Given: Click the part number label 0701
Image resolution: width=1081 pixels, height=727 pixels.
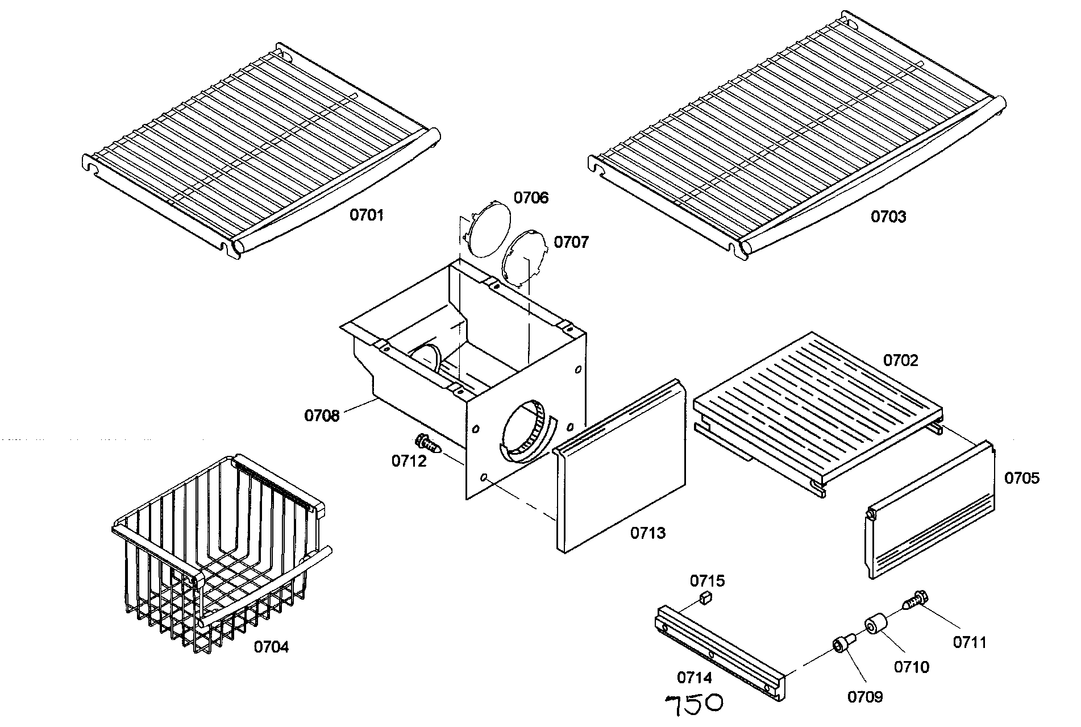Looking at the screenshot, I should pyautogui.click(x=367, y=215).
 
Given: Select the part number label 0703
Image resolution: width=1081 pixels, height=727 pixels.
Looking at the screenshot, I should pyautogui.click(x=889, y=217).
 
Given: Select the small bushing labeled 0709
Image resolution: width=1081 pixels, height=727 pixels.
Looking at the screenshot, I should pyautogui.click(x=841, y=645).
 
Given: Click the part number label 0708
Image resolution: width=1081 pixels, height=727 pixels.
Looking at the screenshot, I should pyautogui.click(x=322, y=416).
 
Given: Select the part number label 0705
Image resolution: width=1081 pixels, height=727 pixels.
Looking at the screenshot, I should pyautogui.click(x=1021, y=478).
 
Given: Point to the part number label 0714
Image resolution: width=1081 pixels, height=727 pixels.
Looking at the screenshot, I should pyautogui.click(x=694, y=678).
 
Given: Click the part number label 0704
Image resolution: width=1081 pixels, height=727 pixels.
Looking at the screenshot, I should pyautogui.click(x=271, y=647).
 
